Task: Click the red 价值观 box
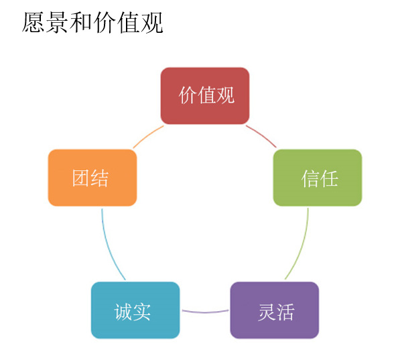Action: coord(205,96)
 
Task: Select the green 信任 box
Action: coord(318,178)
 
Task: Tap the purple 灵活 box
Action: coord(275,310)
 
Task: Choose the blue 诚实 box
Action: coord(135,310)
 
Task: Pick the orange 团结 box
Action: coord(92,178)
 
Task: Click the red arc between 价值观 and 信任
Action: coord(262,135)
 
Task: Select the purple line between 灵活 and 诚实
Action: coord(205,312)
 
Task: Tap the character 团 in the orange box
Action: coord(80,178)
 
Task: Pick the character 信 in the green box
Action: coord(310,179)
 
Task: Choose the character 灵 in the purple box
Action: coord(267,312)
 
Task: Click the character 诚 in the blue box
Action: coord(123,312)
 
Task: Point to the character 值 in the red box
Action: coord(206,95)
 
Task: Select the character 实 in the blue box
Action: coord(141,312)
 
